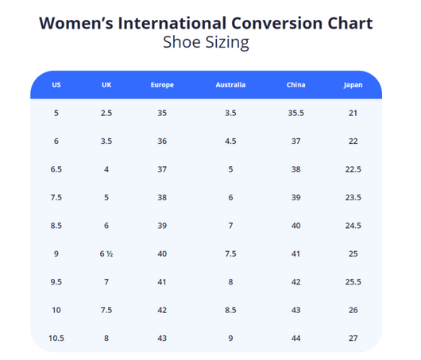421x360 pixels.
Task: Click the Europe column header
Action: pos(162,85)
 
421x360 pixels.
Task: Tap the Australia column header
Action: pos(230,85)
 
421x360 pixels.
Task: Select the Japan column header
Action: pos(353,85)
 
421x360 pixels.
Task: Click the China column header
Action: pos(295,85)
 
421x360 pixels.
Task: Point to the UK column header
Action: pos(106,85)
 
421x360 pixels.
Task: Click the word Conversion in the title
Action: pos(276,23)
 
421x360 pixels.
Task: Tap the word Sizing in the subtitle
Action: pos(226,42)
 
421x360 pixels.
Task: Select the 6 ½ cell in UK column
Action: pos(106,254)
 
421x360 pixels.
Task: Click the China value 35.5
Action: pos(295,113)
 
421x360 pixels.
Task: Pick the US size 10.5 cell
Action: pos(56,339)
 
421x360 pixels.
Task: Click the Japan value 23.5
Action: pos(353,197)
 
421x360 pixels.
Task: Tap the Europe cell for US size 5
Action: pos(162,113)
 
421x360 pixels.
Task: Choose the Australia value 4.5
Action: pos(230,141)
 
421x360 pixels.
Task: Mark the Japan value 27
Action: pos(353,339)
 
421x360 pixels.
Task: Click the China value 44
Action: pos(295,339)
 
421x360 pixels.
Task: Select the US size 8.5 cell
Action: pos(56,226)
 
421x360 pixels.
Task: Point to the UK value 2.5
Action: pos(106,113)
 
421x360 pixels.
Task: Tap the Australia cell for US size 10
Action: pos(230,310)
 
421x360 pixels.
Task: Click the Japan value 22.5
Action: pos(353,169)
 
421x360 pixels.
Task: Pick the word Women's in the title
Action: pos(76,23)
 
